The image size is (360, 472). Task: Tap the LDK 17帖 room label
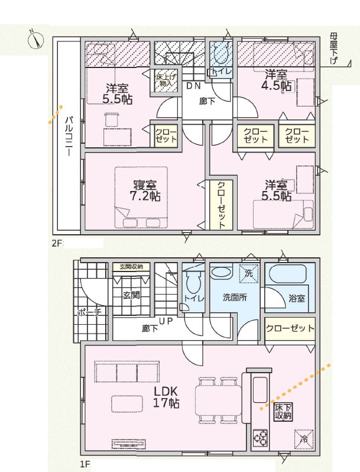point(166,397)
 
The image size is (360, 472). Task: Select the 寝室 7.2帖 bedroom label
point(145,190)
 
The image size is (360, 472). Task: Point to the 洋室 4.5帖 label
point(277,80)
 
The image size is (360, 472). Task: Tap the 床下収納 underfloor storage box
point(283,412)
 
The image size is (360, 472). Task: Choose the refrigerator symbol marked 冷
point(304,439)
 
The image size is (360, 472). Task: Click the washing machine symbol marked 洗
point(249,273)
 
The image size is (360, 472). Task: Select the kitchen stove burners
point(260,438)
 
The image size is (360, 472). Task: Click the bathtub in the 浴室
point(287,274)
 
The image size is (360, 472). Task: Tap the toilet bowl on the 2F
point(221,52)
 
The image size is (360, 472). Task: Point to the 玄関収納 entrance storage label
point(131,266)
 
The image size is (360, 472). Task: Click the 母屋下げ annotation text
point(334,49)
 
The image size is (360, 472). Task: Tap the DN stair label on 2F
point(194,86)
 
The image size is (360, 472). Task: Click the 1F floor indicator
point(85,464)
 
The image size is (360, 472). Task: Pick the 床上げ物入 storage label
point(166,80)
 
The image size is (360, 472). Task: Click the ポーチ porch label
point(89,312)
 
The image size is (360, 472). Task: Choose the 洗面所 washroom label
point(235,298)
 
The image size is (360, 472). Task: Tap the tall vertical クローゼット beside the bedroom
point(221,205)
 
